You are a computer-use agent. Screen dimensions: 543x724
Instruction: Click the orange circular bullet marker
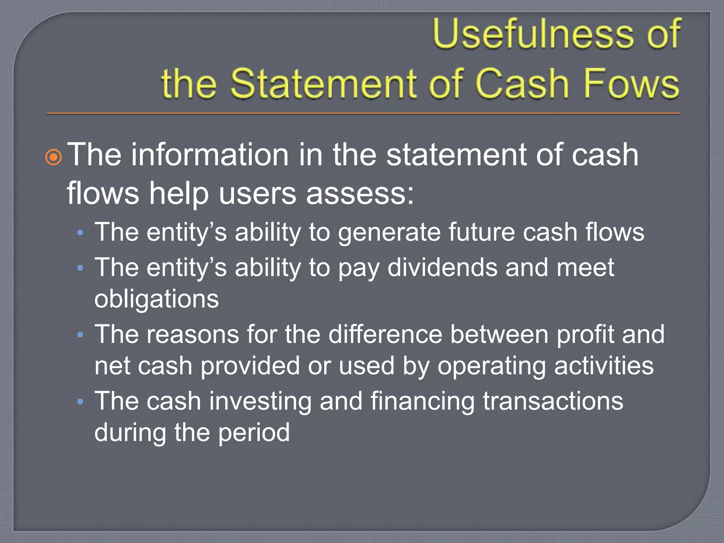click(54, 157)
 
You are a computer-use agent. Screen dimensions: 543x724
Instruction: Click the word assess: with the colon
click(360, 194)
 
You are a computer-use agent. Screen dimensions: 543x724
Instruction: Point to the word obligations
click(157, 299)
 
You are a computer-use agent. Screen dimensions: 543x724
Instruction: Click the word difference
click(385, 334)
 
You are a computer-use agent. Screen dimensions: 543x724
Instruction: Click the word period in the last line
click(253, 433)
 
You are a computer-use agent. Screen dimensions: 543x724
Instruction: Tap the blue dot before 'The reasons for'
click(80, 334)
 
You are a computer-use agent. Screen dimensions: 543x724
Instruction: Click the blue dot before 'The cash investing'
click(80, 401)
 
